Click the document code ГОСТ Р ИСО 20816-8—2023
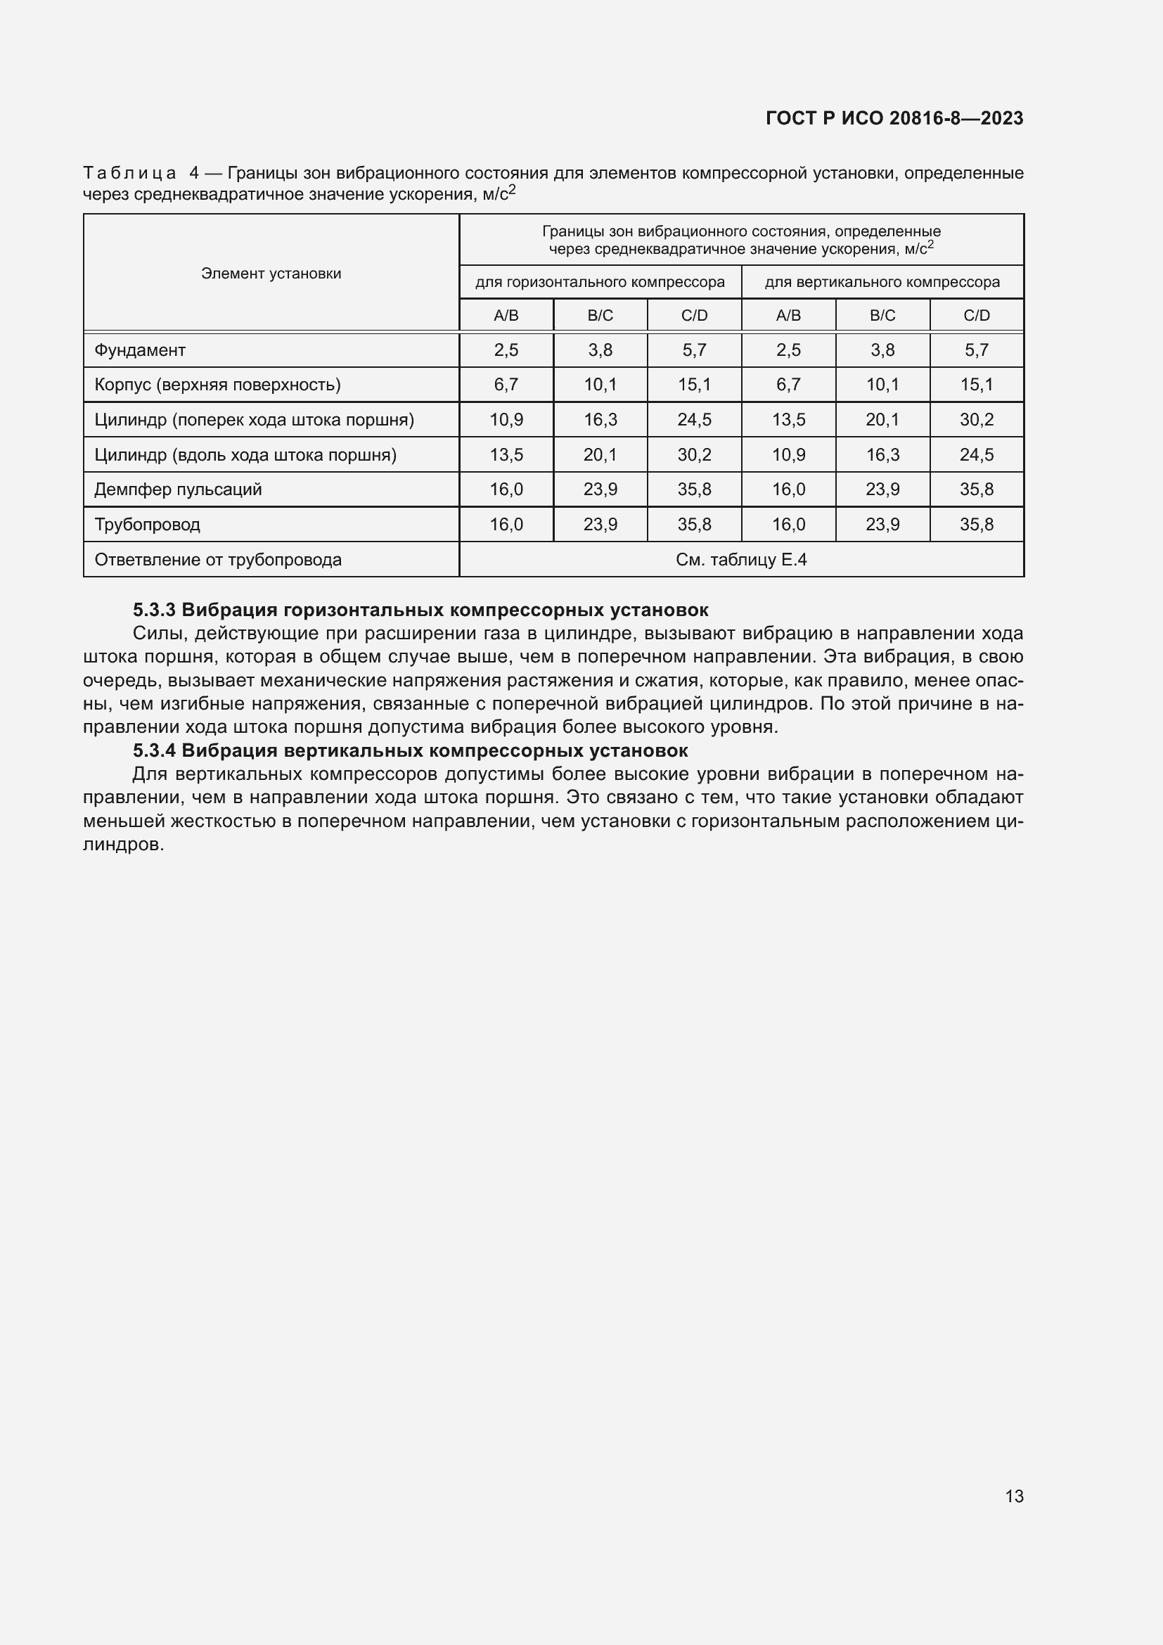click(894, 118)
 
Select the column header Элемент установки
click(271, 274)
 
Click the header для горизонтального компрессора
click(599, 282)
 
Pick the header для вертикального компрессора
click(882, 282)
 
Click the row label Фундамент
click(141, 350)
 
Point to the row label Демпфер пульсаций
click(179, 489)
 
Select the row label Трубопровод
click(148, 525)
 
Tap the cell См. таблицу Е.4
click(740, 560)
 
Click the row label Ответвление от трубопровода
click(218, 560)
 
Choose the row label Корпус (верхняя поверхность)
click(217, 385)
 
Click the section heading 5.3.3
click(420, 610)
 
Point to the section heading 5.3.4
click(411, 750)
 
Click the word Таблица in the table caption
click(129, 173)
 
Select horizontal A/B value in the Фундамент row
click(506, 350)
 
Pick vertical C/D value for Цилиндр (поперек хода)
click(976, 420)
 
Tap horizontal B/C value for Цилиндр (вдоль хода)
click(599, 455)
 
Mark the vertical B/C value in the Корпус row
click(882, 385)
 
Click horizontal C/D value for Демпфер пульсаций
click(694, 489)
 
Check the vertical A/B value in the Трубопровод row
click(788, 525)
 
